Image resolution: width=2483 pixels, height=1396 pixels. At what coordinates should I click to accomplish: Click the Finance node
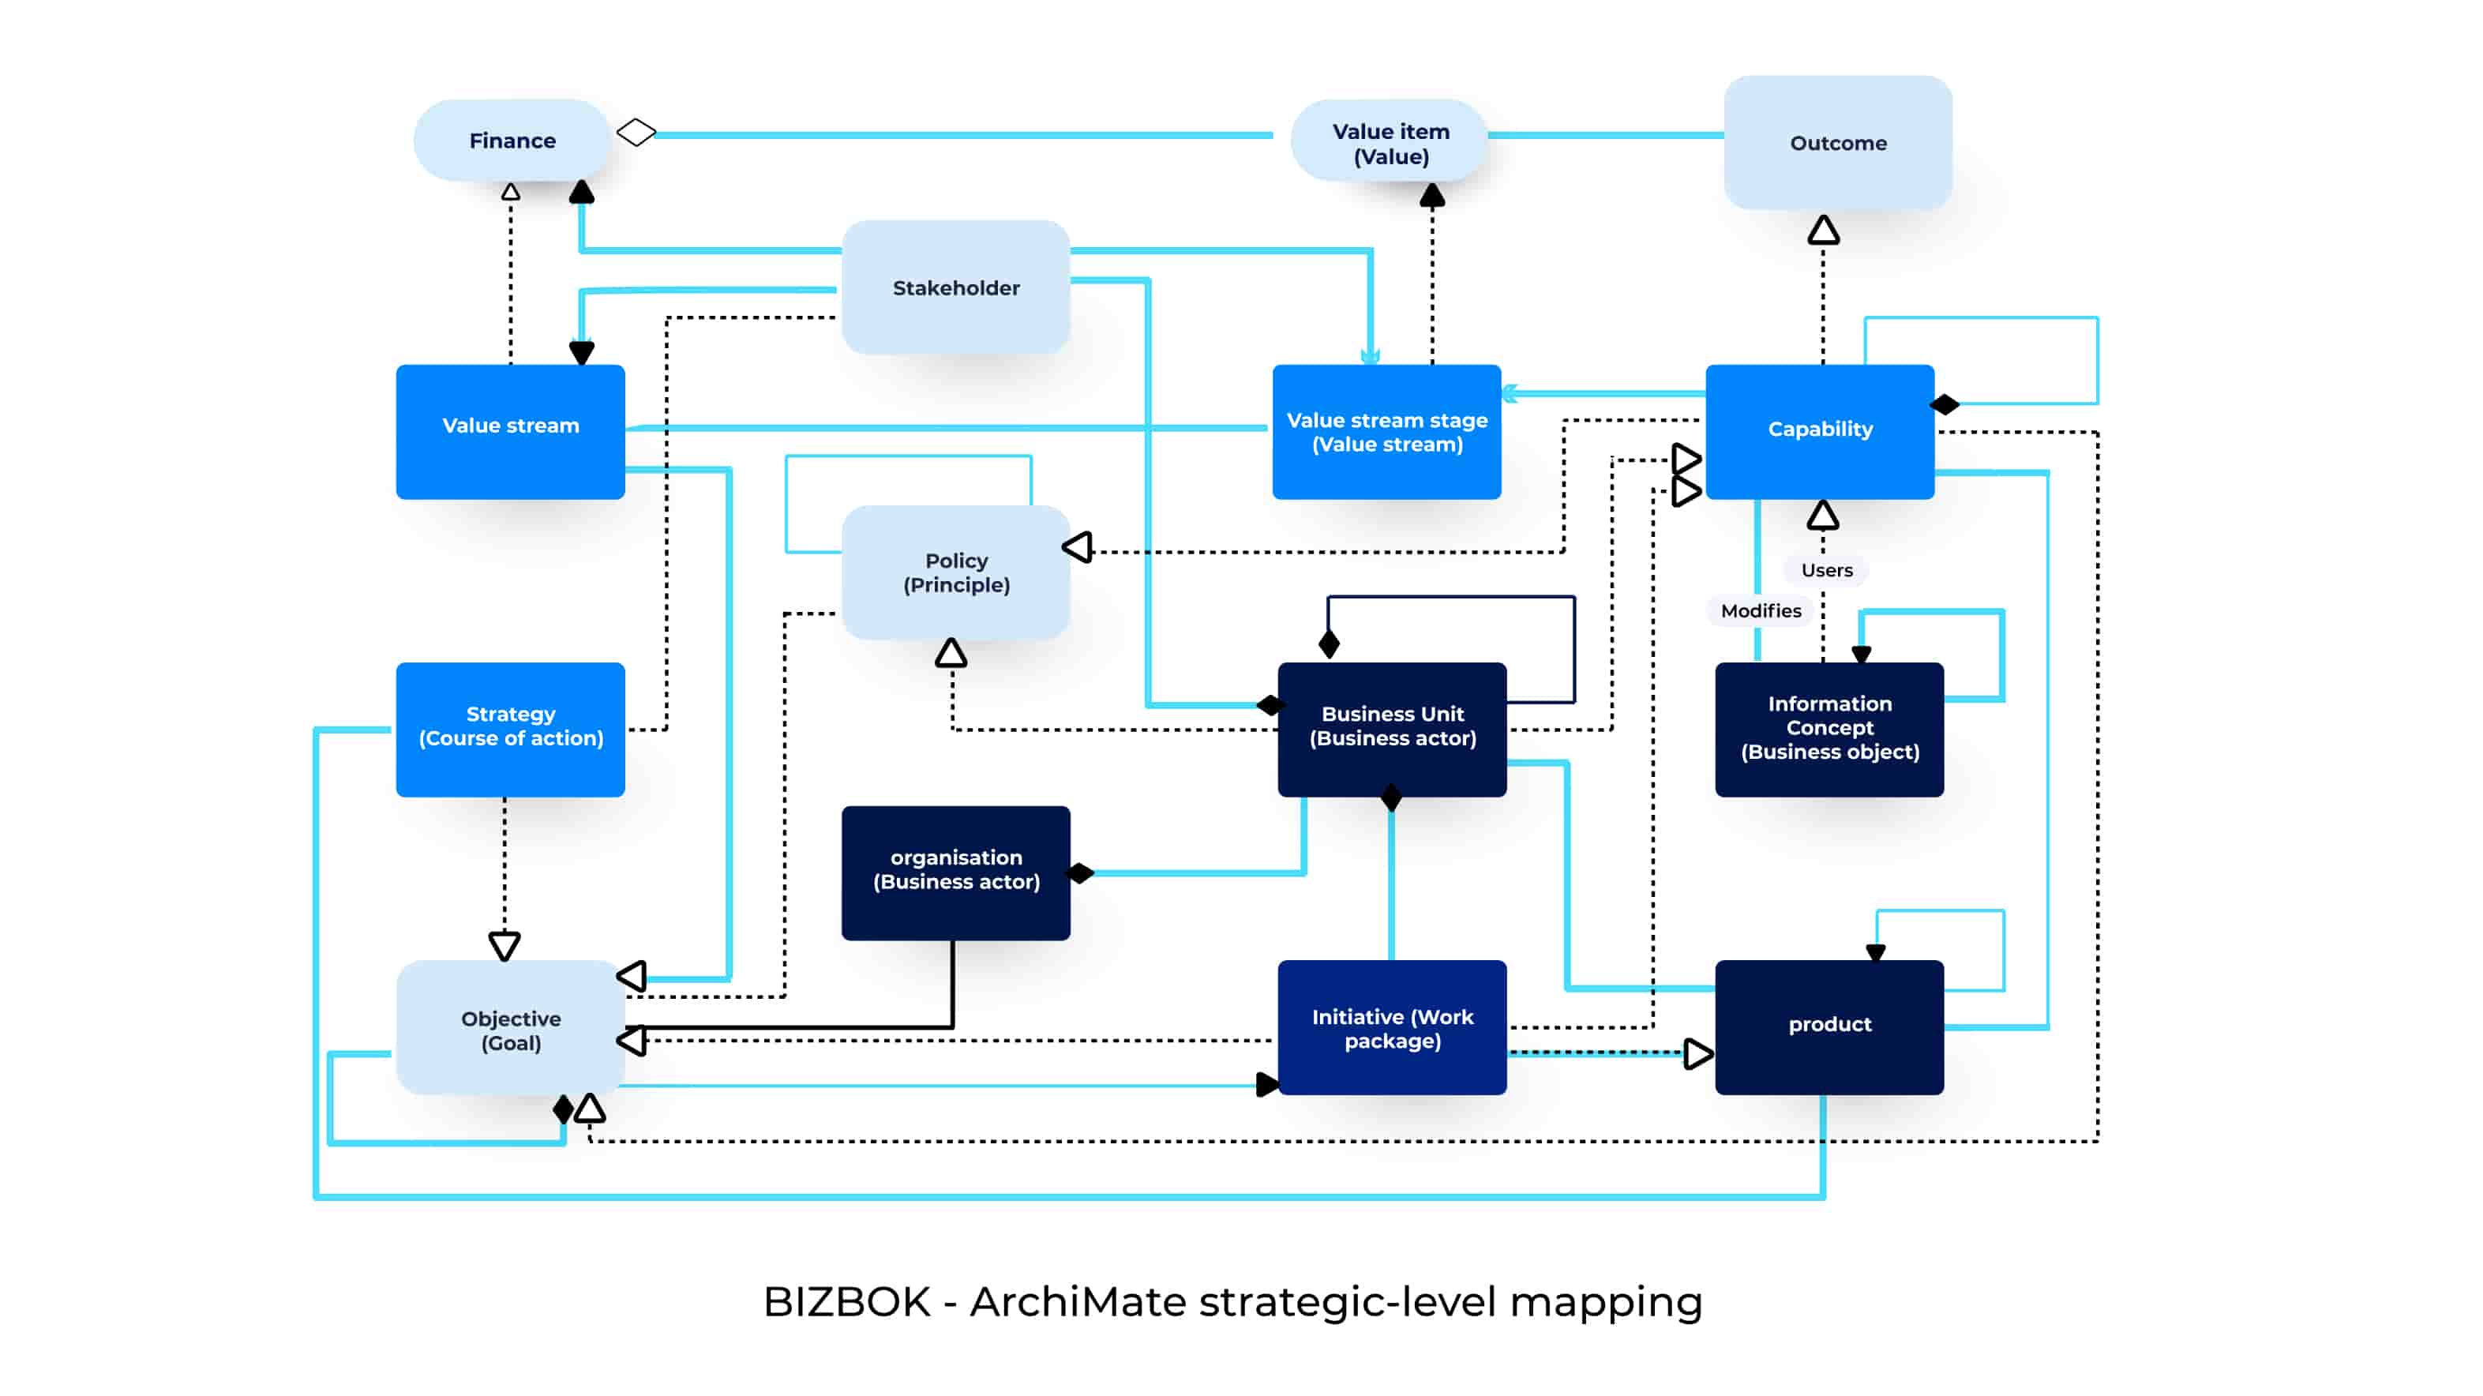click(512, 141)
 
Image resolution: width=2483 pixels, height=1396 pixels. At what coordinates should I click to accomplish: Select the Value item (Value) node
click(1390, 143)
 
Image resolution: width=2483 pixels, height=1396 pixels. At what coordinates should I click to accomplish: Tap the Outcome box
click(1837, 143)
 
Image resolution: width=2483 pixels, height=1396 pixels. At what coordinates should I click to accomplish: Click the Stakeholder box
click(955, 287)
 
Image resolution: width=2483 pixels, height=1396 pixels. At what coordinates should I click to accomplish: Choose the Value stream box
click(510, 431)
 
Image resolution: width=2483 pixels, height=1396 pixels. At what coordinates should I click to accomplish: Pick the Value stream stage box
click(1386, 431)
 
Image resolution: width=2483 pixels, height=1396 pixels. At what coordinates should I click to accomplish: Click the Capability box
click(1819, 431)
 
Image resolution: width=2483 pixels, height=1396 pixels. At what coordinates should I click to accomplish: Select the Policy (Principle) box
click(955, 572)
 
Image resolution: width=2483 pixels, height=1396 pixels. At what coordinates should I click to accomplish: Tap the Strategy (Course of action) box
click(510, 729)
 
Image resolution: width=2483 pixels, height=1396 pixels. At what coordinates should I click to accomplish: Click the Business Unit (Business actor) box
click(1392, 729)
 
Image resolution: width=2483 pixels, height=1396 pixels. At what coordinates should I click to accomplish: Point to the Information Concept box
click(1828, 729)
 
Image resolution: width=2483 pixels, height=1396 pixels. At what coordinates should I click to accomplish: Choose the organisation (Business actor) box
click(955, 872)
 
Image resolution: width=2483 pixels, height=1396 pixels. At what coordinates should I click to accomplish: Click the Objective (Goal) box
click(510, 1029)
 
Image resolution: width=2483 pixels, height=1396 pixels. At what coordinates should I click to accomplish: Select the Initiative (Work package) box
click(1392, 1028)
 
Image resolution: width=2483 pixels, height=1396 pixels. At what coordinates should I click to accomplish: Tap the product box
click(1828, 1026)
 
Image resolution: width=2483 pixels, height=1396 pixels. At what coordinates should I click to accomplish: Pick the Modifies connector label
click(1760, 610)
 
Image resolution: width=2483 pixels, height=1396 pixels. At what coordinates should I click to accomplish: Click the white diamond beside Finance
click(636, 132)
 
